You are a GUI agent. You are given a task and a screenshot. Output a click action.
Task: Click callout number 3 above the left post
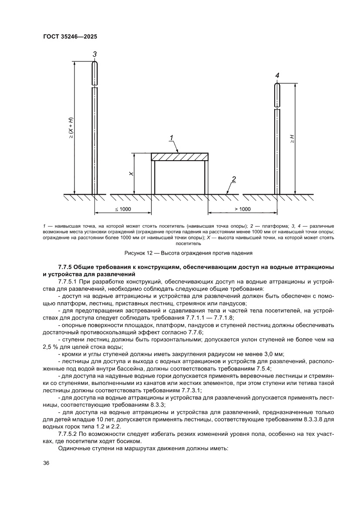coord(94,54)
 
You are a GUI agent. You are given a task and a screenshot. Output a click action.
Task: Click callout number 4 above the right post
coord(277,76)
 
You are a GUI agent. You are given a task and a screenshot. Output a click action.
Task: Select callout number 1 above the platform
coord(172,138)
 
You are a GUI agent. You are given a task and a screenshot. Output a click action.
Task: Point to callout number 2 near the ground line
coord(234,179)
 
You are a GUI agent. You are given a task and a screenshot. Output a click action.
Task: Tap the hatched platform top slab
coord(179,157)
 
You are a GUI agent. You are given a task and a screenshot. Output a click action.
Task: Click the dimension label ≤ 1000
coord(123,209)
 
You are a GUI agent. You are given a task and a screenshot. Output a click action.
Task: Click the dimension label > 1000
coord(242,209)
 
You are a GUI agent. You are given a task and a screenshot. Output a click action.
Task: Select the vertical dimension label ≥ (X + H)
coord(71,128)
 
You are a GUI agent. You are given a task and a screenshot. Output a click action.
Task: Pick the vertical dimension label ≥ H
coord(292,139)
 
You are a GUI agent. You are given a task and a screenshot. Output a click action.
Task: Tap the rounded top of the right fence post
coord(277,86)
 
